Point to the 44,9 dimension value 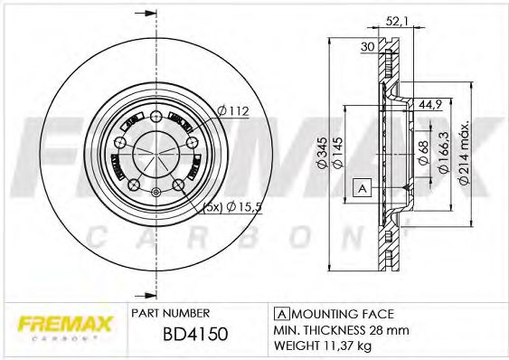429,104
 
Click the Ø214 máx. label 463,154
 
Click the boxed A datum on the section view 362,188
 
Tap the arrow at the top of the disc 139,14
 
